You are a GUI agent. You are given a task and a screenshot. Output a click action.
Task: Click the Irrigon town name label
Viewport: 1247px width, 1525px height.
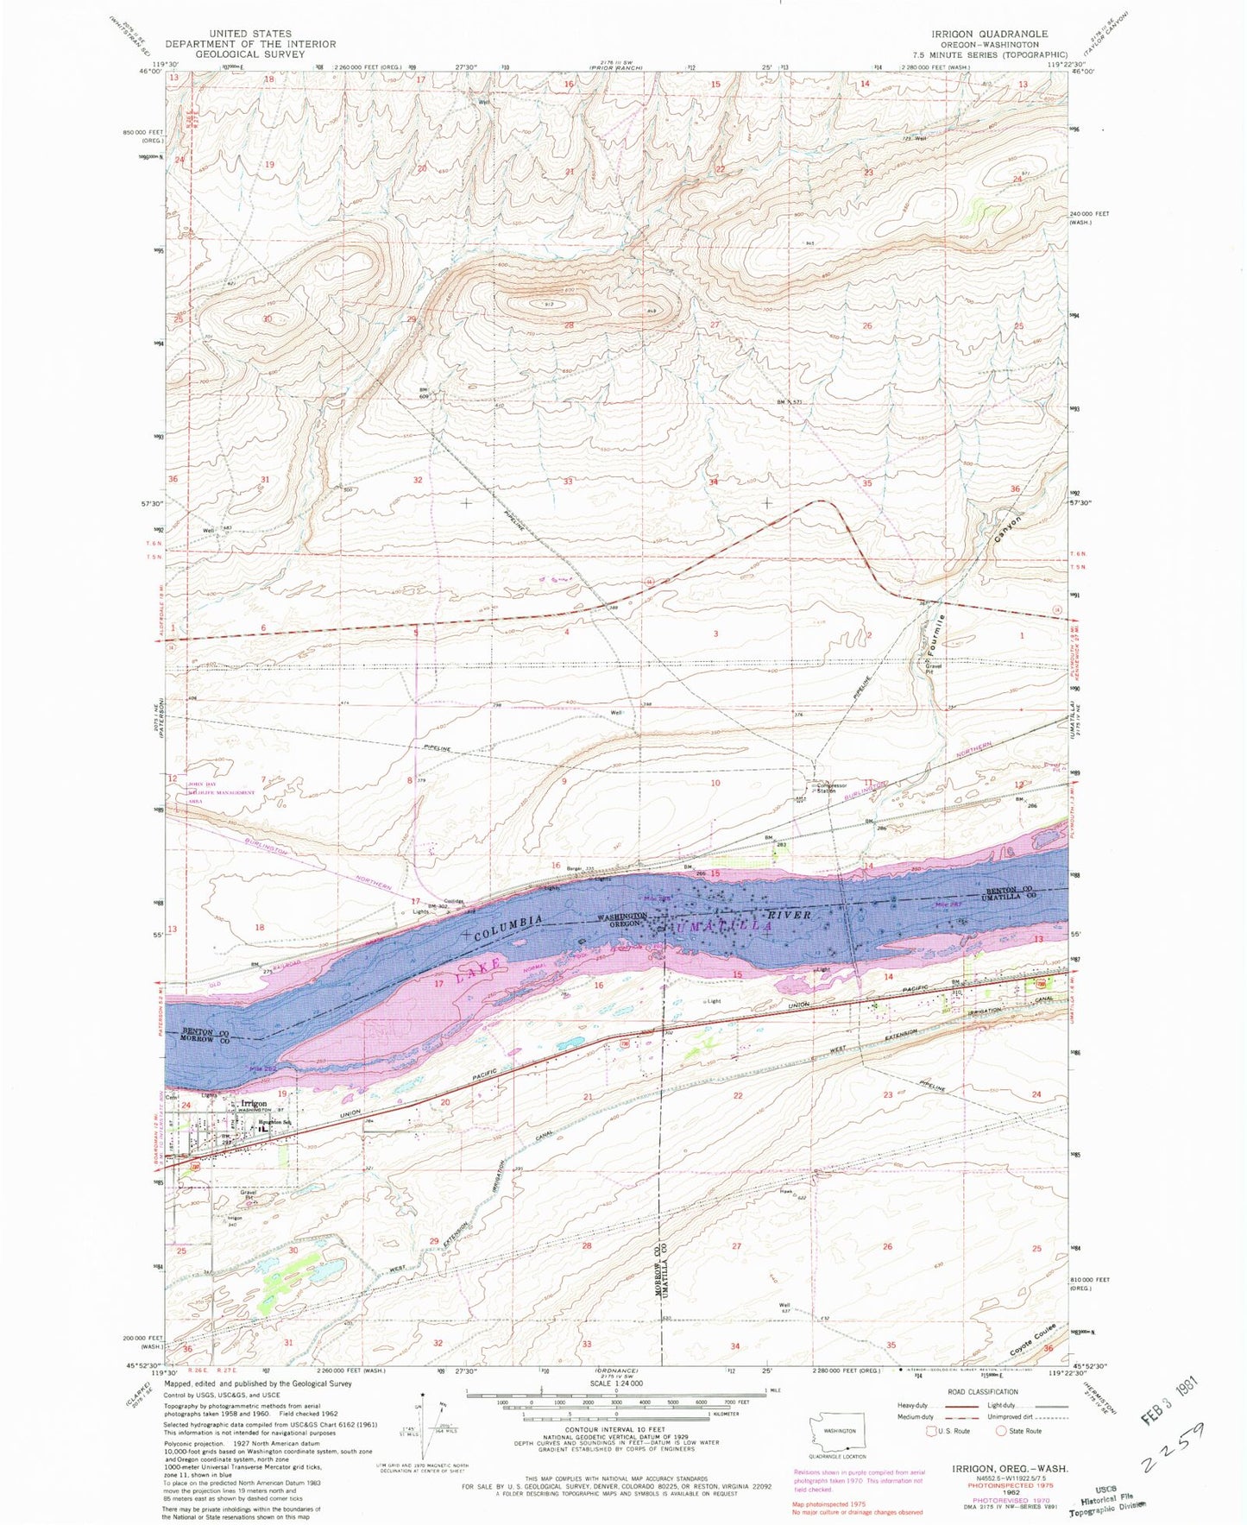[x=254, y=1103]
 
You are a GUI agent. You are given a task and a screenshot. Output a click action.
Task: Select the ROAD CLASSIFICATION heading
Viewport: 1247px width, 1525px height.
[x=990, y=1391]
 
